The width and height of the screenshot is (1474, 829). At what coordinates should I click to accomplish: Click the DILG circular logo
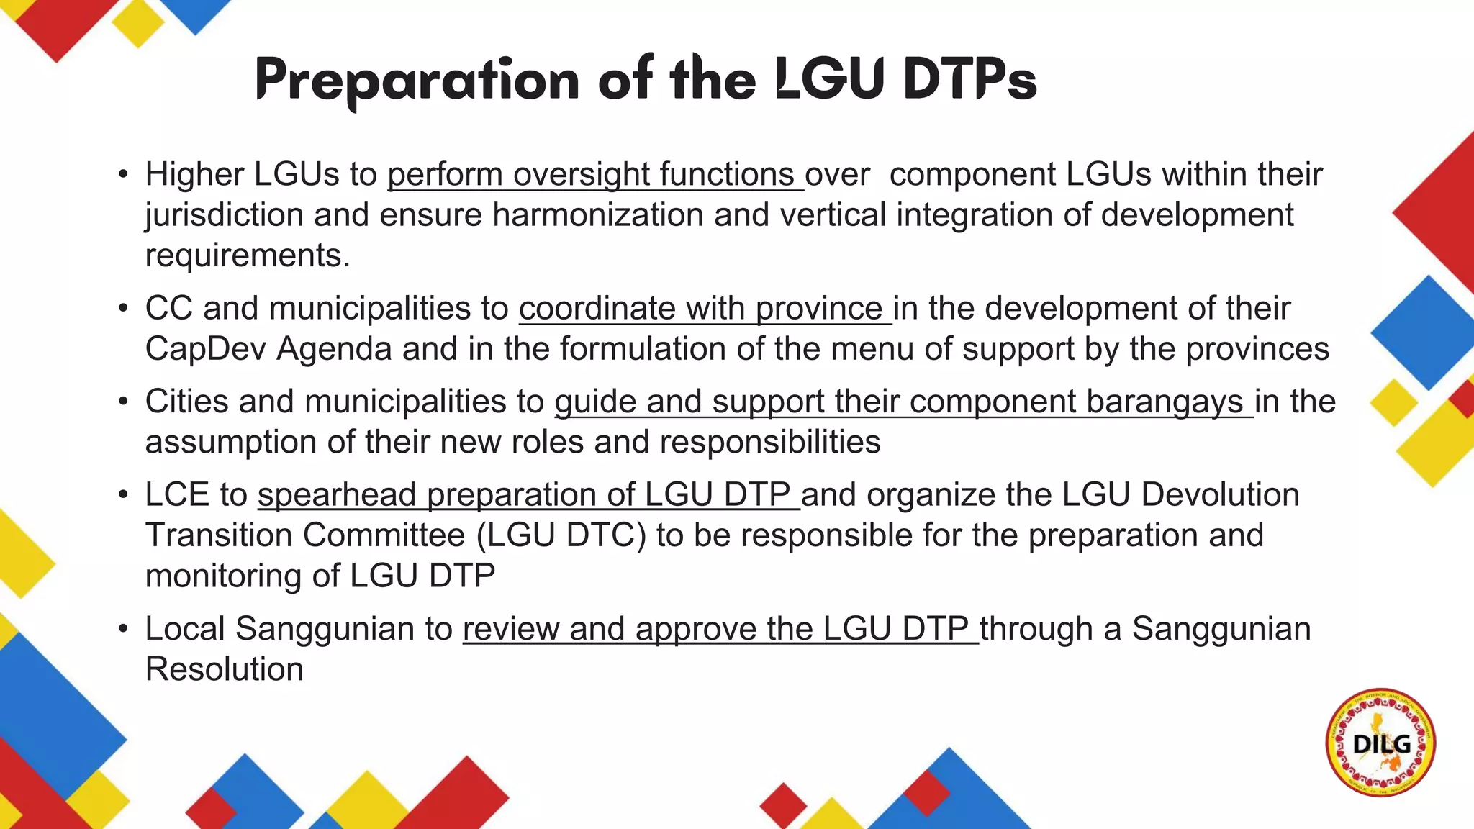[x=1380, y=743]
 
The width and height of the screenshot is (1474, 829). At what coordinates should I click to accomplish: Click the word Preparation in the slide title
[x=417, y=81]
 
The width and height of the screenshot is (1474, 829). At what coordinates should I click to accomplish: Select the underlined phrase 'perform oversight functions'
[x=595, y=175]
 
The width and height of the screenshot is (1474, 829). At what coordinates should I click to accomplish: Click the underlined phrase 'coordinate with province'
[x=705, y=309]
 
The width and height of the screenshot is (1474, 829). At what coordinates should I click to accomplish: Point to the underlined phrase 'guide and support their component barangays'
[x=903, y=402]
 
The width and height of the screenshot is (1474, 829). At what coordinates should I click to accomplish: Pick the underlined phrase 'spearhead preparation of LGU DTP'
[x=528, y=495]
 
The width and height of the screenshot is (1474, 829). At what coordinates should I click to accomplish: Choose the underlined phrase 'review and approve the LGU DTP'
[x=720, y=629]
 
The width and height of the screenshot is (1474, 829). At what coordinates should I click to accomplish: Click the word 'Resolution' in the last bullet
[x=225, y=669]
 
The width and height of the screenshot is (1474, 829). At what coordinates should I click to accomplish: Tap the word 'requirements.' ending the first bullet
[x=248, y=255]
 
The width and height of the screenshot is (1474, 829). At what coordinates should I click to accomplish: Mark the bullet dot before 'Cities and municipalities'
[x=123, y=402]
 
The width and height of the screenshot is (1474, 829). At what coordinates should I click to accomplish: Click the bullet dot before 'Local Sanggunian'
[x=123, y=629]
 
